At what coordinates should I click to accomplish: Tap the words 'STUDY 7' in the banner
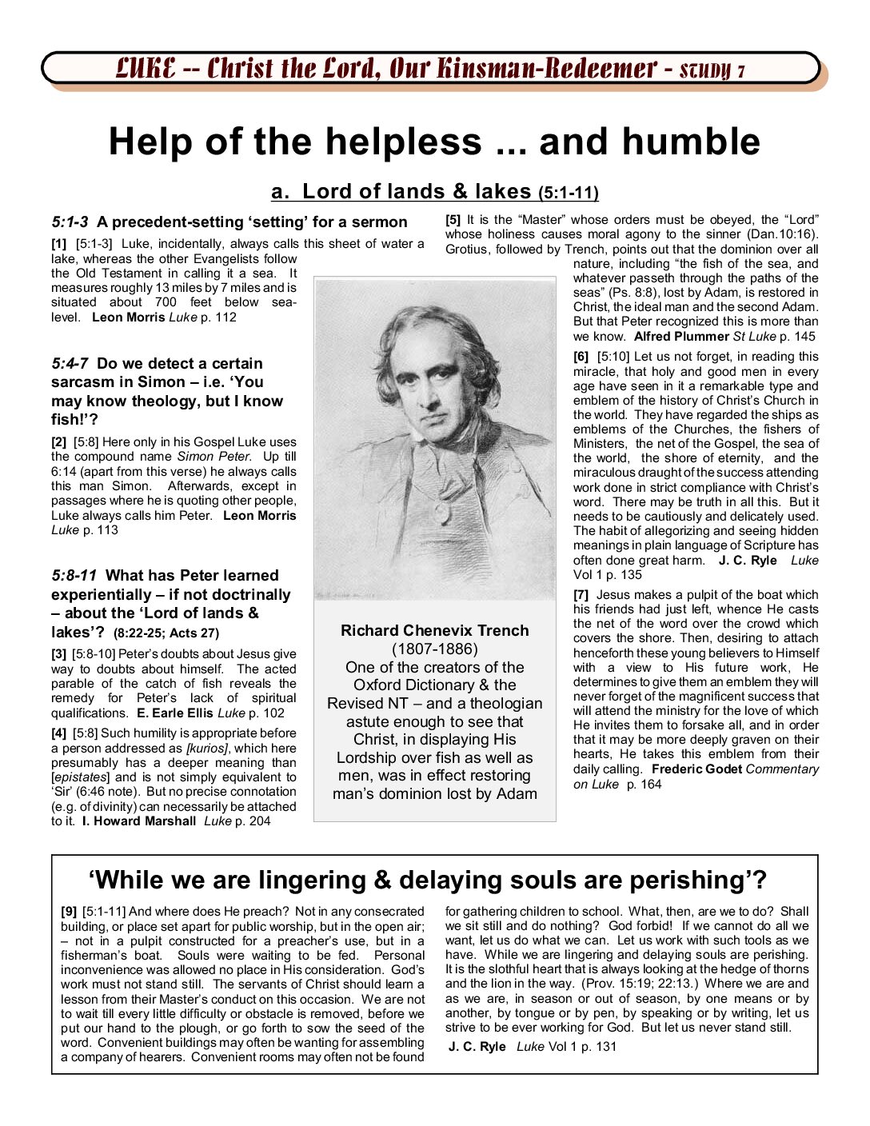click(x=712, y=70)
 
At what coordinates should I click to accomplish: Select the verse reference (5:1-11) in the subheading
click(x=568, y=193)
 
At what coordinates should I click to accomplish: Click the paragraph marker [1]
click(x=58, y=244)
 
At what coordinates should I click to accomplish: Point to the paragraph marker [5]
click(x=453, y=220)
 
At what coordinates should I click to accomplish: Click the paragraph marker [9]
click(x=69, y=912)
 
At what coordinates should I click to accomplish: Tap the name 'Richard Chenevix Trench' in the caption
click(x=434, y=630)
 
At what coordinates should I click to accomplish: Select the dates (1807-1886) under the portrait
click(x=434, y=649)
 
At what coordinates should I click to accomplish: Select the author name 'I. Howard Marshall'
click(x=138, y=821)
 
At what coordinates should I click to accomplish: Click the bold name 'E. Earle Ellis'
click(x=175, y=713)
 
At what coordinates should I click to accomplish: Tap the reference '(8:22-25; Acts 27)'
click(x=166, y=633)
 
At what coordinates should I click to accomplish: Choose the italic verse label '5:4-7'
click(x=70, y=364)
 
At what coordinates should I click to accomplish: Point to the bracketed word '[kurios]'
click(x=207, y=749)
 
